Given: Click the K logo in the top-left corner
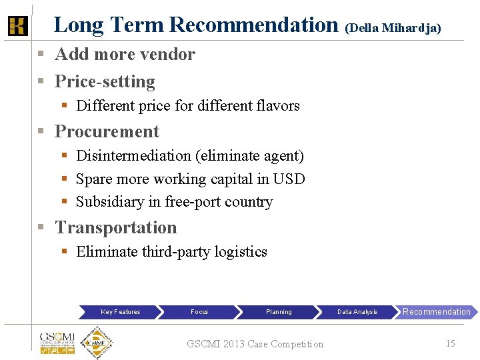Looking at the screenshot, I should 17,26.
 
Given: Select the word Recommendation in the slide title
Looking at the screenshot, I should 254,25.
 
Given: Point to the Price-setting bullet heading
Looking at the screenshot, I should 105,81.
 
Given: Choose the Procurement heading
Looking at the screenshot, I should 107,131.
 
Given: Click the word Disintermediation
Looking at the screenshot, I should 133,155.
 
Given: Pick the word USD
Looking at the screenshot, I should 289,179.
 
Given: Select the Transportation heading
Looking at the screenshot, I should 116,227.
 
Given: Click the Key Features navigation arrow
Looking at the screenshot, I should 121,311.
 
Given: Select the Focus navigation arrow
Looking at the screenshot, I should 199,311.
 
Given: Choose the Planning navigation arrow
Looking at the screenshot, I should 279,311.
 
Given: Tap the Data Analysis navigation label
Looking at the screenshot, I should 357,311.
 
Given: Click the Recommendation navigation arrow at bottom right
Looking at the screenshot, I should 437,311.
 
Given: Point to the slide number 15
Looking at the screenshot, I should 450,343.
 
